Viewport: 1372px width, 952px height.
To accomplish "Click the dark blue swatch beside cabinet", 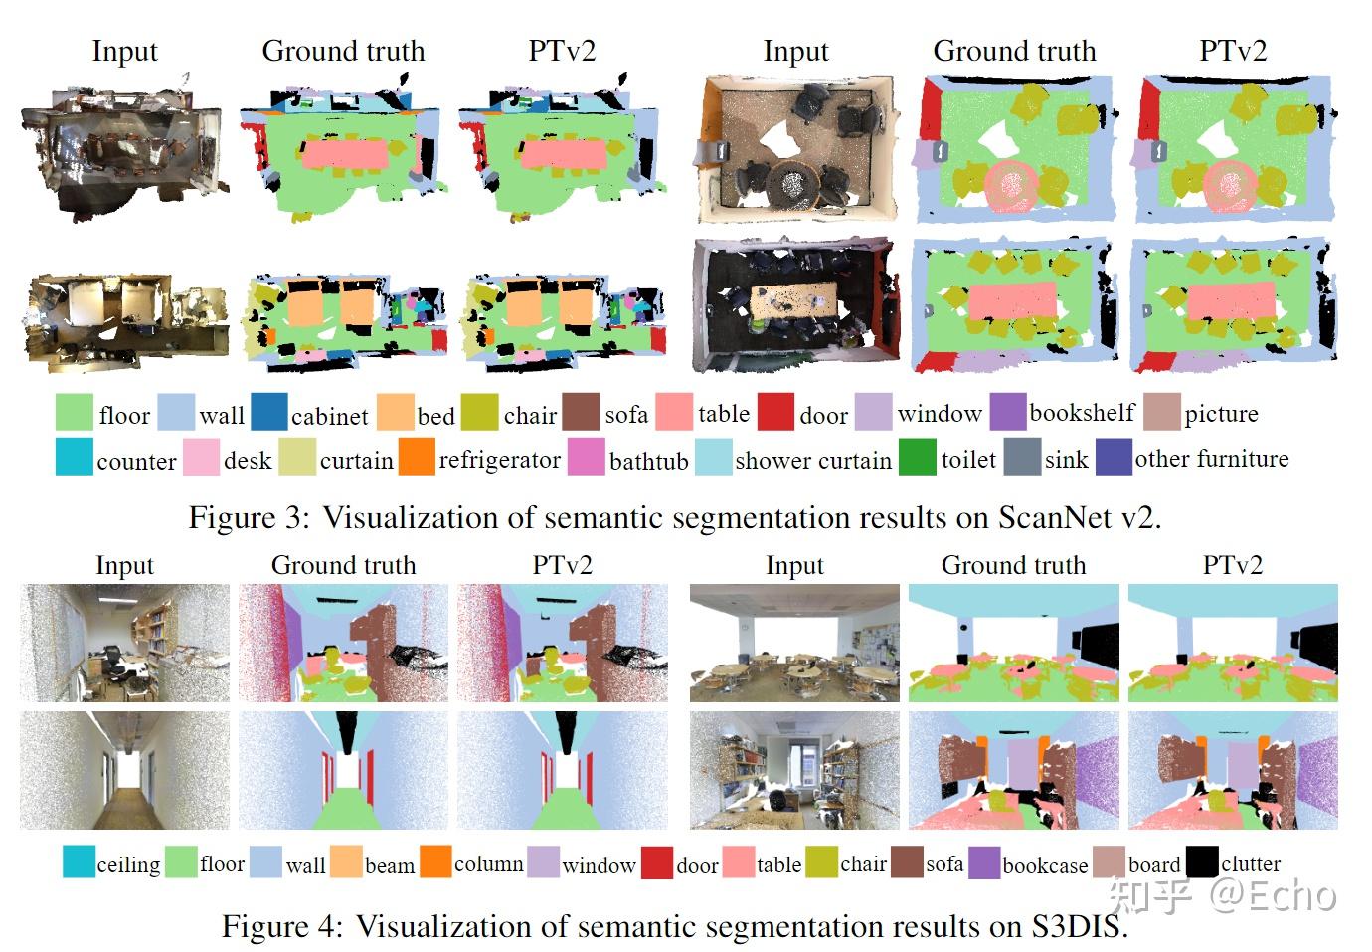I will pyautogui.click(x=268, y=412).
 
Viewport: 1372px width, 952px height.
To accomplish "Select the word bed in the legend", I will pyautogui.click(x=435, y=415).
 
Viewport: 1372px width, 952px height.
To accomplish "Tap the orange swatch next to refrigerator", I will pyautogui.click(x=417, y=457).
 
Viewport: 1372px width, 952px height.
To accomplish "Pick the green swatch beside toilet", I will pyautogui.click(x=917, y=457).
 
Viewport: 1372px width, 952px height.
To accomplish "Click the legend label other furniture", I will pyautogui.click(x=1211, y=459).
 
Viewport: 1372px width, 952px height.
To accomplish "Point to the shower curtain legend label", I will pyautogui.click(x=812, y=460).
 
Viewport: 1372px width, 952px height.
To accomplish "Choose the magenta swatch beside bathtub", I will pyautogui.click(x=587, y=457).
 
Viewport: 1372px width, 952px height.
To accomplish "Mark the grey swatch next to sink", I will pyautogui.click(x=1021, y=457).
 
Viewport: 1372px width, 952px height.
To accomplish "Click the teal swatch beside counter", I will pyautogui.click(x=75, y=457).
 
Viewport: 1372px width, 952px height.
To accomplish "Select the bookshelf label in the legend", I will pyautogui.click(x=1082, y=412).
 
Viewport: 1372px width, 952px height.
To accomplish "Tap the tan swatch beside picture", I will pyautogui.click(x=1161, y=412).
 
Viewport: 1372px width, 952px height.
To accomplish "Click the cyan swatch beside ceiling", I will pyautogui.click(x=79, y=861).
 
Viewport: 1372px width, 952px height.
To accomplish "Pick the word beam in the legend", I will pyautogui.click(x=390, y=865).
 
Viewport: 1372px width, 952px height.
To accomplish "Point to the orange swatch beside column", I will pyautogui.click(x=435, y=861).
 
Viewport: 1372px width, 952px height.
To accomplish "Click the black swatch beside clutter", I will pyautogui.click(x=1201, y=861).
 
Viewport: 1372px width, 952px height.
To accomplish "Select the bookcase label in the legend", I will pyautogui.click(x=1045, y=865).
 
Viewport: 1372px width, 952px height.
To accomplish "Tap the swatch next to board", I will pyautogui.click(x=1109, y=861).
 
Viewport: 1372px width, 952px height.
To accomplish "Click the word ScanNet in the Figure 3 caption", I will pyautogui.click(x=1053, y=517).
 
